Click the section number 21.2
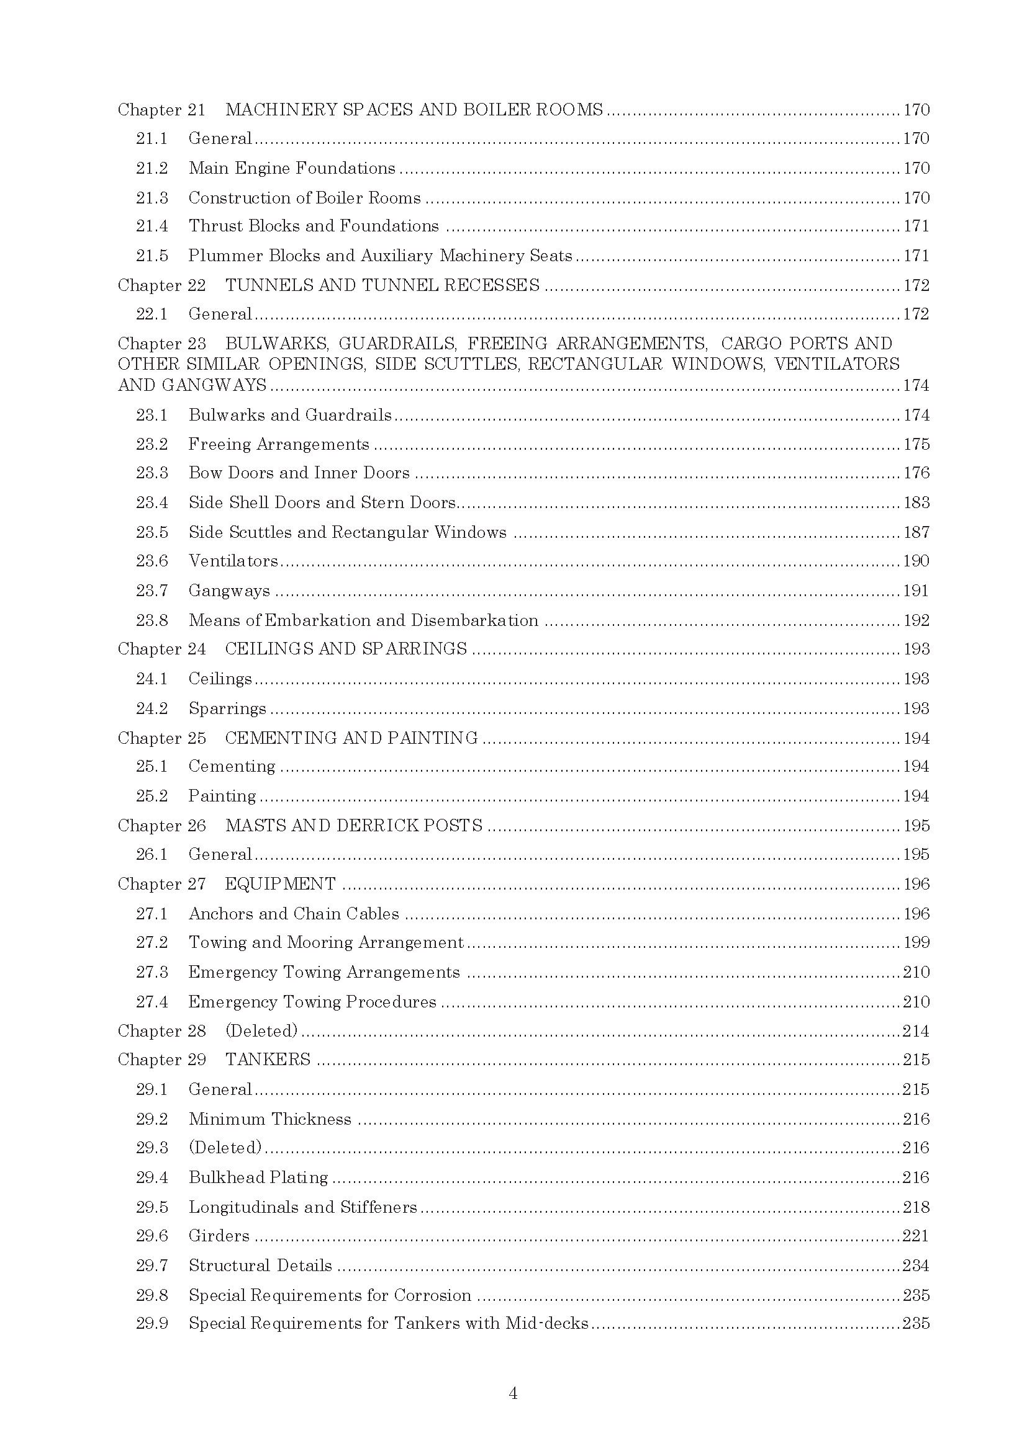click(x=152, y=169)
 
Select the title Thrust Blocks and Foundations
click(x=314, y=226)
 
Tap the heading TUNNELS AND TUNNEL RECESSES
click(x=382, y=285)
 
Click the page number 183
click(x=916, y=503)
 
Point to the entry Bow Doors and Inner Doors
click(x=299, y=473)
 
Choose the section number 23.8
click(x=152, y=620)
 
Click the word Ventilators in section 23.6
click(x=233, y=561)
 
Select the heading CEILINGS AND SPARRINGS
click(x=346, y=649)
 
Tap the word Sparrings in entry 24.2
click(x=227, y=708)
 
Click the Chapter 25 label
click(x=162, y=738)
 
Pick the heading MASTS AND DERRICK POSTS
click(x=353, y=826)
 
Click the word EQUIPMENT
click(x=280, y=884)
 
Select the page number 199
click(x=916, y=943)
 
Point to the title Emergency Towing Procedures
click(x=312, y=1002)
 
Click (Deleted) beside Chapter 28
click(x=261, y=1032)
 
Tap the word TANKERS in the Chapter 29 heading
click(x=268, y=1060)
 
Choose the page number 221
click(x=916, y=1236)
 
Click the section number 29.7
click(x=152, y=1266)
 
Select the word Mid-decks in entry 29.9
click(x=547, y=1323)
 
